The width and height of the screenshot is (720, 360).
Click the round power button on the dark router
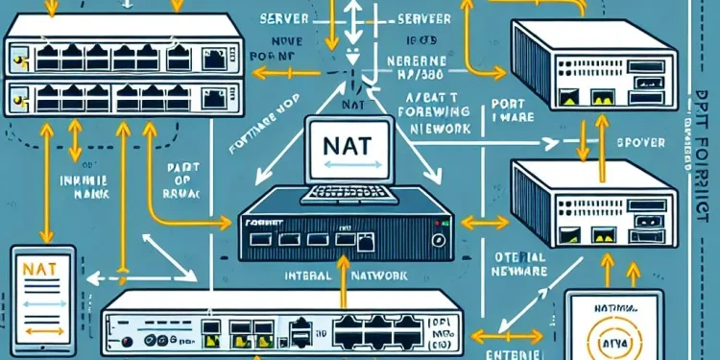(x=440, y=238)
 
